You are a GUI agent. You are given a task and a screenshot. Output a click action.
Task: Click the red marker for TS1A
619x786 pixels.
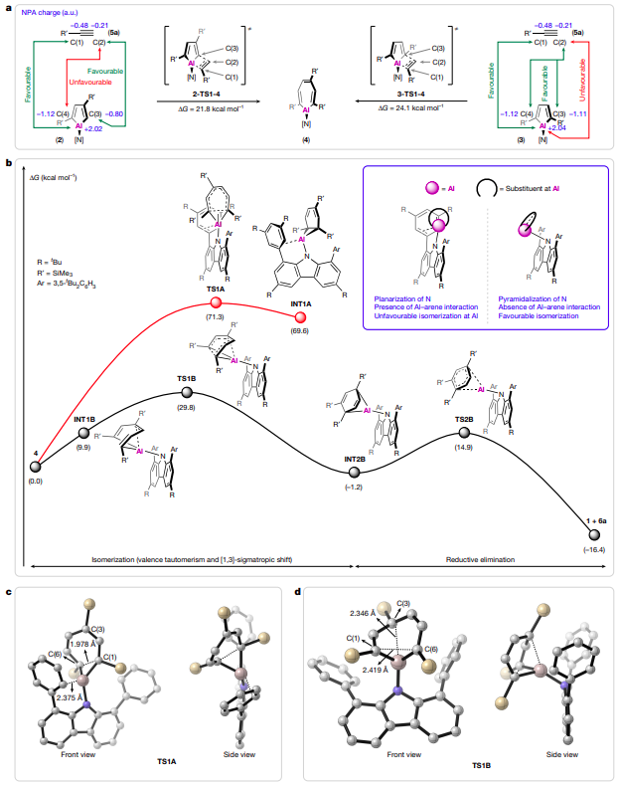click(215, 302)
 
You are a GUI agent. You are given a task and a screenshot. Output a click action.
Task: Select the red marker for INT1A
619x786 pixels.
click(300, 317)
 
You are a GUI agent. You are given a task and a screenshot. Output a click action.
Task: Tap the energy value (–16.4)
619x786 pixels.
click(593, 545)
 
